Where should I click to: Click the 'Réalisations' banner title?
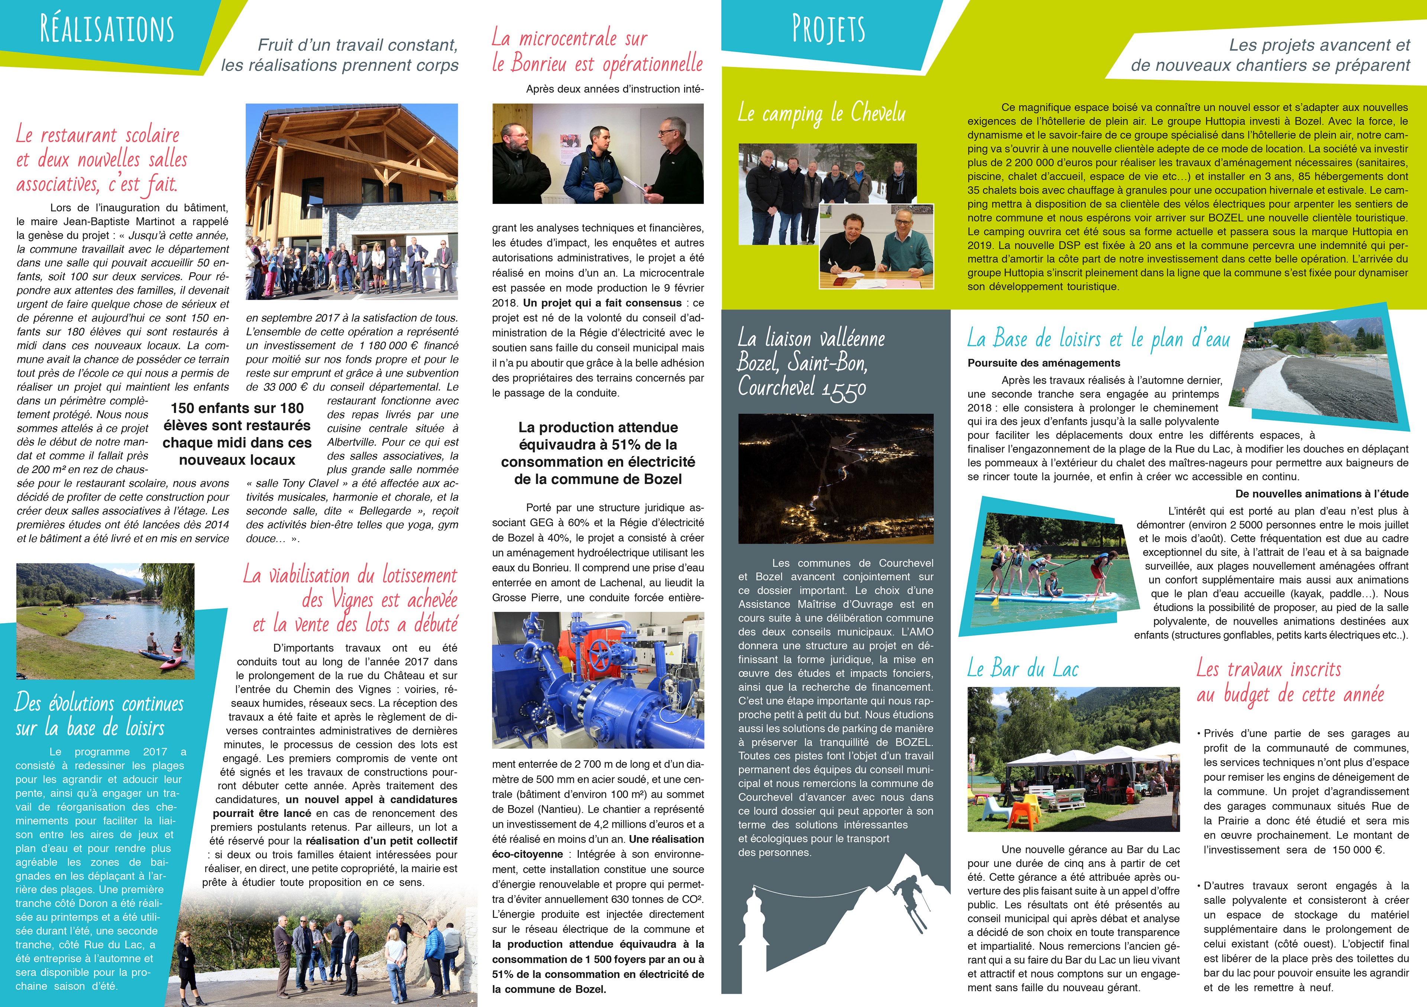[107, 29]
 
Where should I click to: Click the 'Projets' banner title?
[828, 29]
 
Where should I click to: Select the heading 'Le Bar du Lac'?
[1022, 669]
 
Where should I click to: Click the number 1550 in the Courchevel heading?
[844, 390]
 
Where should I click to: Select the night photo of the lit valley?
[835, 478]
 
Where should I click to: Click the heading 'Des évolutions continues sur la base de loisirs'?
[100, 715]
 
